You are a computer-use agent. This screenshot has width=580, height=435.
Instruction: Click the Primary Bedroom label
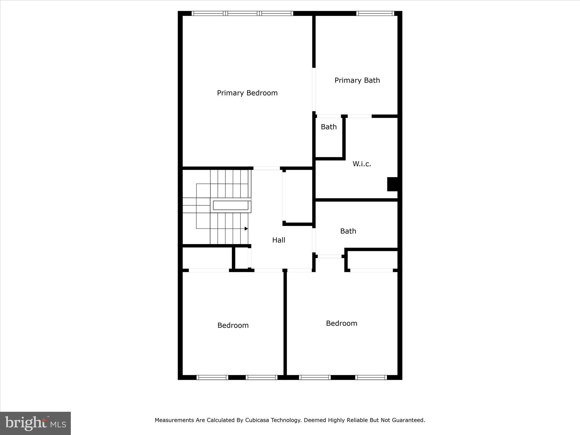click(x=247, y=93)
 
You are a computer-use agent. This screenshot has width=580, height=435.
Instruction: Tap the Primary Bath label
click(x=357, y=80)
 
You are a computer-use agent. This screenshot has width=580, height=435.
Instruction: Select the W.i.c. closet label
click(x=362, y=164)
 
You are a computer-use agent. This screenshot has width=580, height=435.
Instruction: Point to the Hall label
click(x=279, y=240)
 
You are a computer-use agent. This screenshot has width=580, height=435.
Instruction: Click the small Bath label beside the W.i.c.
click(x=329, y=127)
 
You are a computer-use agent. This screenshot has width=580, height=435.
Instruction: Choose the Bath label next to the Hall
click(x=348, y=231)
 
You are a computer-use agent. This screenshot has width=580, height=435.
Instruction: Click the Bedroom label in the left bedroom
click(x=233, y=325)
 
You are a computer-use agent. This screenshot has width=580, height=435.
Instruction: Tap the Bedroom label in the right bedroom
click(x=341, y=323)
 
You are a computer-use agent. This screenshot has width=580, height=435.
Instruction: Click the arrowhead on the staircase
click(x=246, y=229)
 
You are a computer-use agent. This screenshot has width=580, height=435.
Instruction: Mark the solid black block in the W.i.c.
click(x=393, y=184)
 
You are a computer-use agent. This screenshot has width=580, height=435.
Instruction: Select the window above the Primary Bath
click(x=375, y=13)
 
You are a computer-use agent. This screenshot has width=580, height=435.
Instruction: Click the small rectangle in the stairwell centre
click(x=231, y=205)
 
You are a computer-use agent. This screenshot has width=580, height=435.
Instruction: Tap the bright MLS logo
click(x=35, y=423)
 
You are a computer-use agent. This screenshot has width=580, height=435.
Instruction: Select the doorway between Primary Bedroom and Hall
click(x=266, y=168)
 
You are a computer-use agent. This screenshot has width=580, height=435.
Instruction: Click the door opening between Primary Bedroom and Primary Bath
click(x=314, y=89)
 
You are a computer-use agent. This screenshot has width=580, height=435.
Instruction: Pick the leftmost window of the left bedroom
click(x=212, y=377)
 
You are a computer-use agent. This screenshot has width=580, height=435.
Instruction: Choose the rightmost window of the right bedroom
click(x=371, y=377)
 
